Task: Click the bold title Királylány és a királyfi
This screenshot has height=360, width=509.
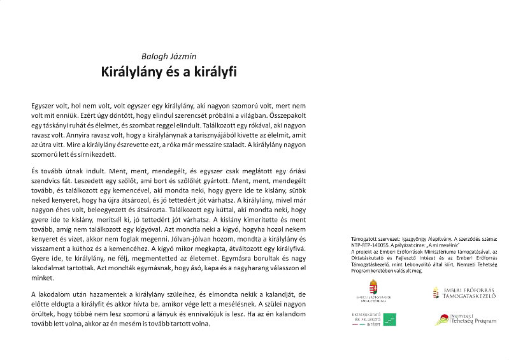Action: click(x=169, y=72)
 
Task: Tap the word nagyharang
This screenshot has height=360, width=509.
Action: click(x=244, y=269)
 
